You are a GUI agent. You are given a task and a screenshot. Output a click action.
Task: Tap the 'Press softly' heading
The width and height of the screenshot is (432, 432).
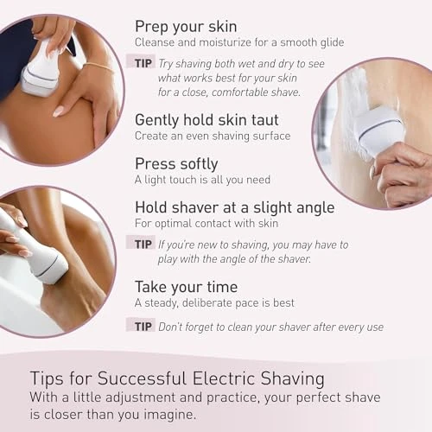(x=176, y=162)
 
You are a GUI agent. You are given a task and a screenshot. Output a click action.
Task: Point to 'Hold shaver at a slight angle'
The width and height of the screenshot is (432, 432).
(x=233, y=207)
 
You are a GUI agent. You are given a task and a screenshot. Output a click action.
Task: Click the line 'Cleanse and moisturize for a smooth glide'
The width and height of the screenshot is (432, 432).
(x=239, y=42)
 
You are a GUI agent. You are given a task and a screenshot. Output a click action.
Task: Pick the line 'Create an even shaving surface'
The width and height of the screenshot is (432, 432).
(x=212, y=136)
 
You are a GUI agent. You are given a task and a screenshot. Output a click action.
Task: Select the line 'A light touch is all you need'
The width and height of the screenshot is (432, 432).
(x=202, y=180)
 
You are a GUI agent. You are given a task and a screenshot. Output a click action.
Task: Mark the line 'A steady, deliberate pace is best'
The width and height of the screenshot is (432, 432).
(x=214, y=302)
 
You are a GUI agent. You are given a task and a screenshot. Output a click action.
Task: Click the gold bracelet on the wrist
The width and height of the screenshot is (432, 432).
(x=99, y=67)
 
